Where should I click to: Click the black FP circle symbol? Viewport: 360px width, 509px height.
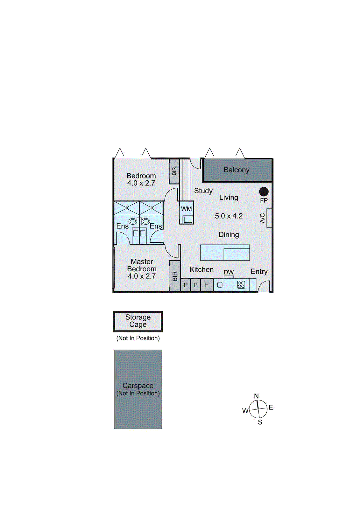(264, 192)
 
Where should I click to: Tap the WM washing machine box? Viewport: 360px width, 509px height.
(187, 213)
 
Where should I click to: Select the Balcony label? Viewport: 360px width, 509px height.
(236, 170)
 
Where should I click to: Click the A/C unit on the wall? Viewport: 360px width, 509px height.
(269, 218)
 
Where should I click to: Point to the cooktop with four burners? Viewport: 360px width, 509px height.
(241, 285)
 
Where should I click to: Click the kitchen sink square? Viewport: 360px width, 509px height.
(220, 285)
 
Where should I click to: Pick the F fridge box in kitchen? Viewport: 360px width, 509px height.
(207, 285)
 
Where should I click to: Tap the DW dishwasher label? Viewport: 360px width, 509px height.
(229, 272)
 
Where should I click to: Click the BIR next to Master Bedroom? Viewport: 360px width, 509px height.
(175, 276)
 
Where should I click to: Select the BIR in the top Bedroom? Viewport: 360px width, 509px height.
(174, 171)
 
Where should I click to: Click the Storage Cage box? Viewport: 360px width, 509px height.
(138, 321)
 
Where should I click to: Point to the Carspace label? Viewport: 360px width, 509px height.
(138, 386)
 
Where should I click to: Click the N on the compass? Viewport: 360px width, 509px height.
(257, 396)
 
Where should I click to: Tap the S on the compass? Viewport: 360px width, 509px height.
(260, 422)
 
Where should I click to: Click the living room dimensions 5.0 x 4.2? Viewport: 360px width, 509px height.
(229, 216)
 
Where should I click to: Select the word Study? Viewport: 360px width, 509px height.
(203, 191)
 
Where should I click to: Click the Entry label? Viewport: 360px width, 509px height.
(259, 272)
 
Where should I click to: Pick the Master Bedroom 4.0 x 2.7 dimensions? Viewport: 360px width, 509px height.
(142, 276)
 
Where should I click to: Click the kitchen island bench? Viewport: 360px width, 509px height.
(225, 253)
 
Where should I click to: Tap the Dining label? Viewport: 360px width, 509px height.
(229, 235)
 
